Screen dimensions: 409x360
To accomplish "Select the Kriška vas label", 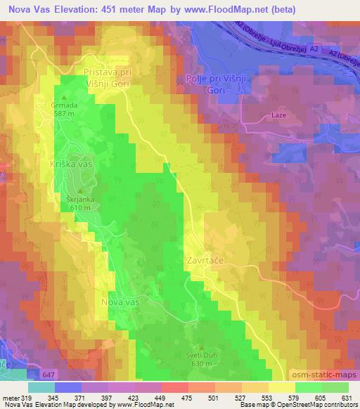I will (x=71, y=163).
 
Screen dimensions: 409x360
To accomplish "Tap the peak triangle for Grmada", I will (x=65, y=98).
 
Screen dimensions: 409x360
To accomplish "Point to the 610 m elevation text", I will (x=81, y=207).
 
